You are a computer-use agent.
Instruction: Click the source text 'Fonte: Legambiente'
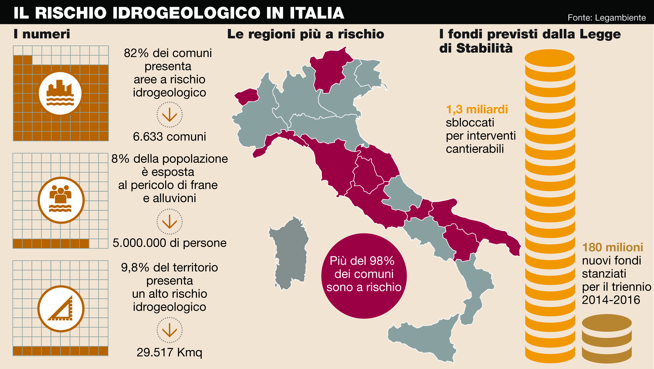click(606, 18)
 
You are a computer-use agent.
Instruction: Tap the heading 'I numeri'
click(42, 34)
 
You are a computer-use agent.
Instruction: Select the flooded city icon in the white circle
click(60, 93)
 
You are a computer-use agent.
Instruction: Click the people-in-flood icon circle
click(61, 200)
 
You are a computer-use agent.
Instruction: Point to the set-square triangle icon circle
click(61, 309)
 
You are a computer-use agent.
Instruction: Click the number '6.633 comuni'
click(169, 137)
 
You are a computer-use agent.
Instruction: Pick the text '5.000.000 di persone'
click(169, 243)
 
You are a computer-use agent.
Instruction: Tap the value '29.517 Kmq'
click(169, 352)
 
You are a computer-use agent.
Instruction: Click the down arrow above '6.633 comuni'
click(169, 115)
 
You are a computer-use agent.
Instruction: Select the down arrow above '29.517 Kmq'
click(169, 330)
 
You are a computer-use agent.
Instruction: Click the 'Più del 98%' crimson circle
click(364, 276)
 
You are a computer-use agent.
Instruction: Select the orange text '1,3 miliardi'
click(477, 110)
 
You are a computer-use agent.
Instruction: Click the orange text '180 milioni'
click(612, 248)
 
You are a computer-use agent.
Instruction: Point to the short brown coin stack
click(607, 339)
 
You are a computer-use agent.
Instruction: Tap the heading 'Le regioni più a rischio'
click(306, 34)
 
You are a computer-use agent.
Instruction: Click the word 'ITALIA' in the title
click(317, 13)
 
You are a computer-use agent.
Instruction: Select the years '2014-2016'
click(611, 300)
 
